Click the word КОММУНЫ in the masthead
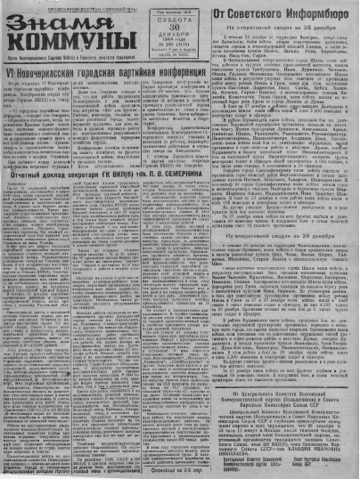(50, 40)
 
